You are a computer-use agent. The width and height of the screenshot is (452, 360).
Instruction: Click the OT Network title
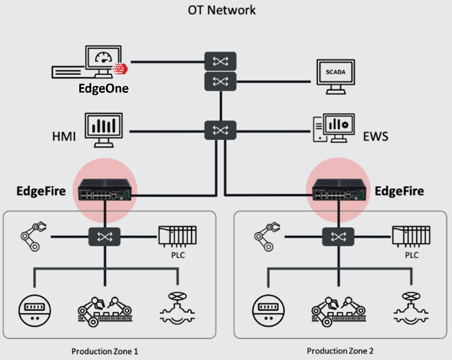222,10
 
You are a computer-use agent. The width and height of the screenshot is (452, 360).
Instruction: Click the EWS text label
376,137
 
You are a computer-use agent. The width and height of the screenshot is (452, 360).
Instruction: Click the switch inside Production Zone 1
104,235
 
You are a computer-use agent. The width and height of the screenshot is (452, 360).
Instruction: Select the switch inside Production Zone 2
338,235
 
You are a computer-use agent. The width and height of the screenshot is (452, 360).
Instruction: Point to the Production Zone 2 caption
340,351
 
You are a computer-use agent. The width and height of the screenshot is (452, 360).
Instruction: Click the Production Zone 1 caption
105,351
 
